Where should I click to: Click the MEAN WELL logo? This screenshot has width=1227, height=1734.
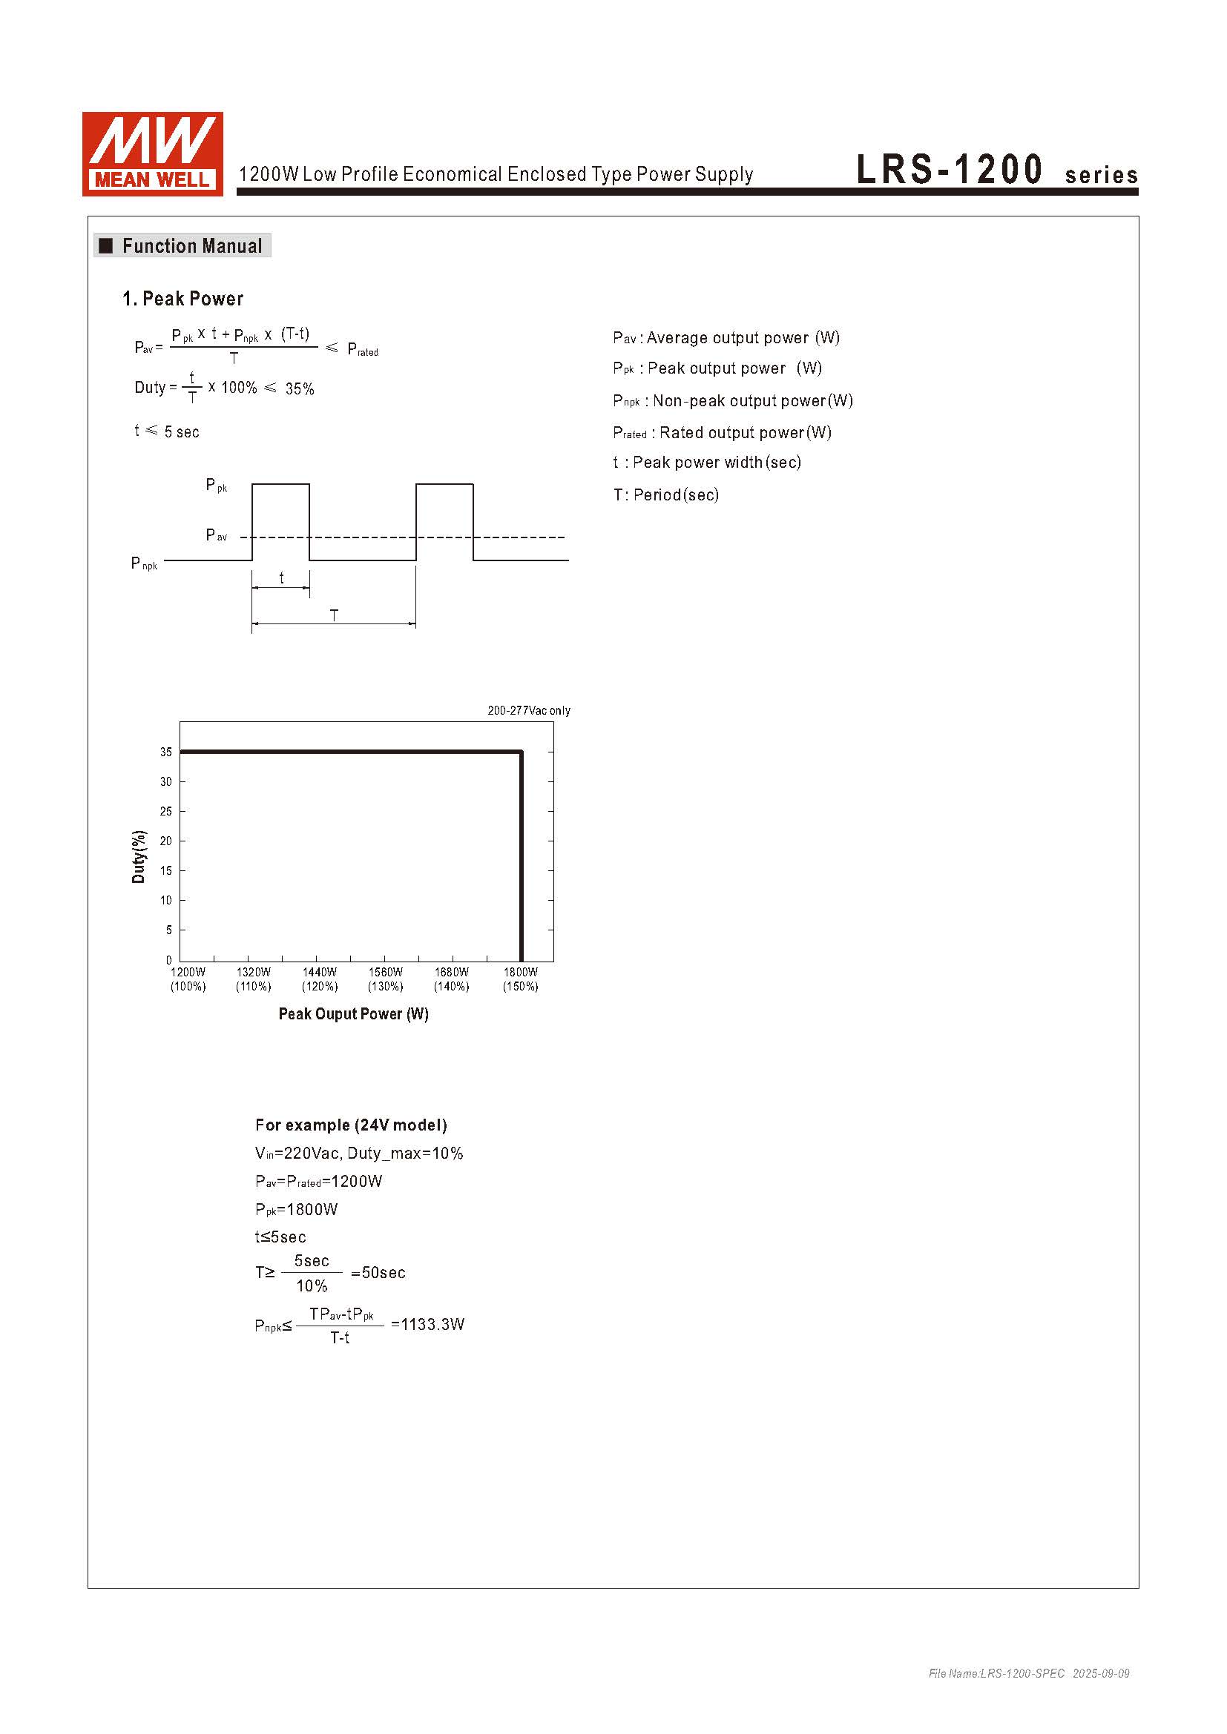(x=153, y=154)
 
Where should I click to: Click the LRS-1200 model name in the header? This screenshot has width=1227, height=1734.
(x=949, y=169)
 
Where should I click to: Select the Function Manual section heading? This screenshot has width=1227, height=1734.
(x=191, y=246)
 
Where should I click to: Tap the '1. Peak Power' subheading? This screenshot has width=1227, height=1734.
(x=182, y=299)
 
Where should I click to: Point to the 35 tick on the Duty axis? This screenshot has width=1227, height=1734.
(x=166, y=752)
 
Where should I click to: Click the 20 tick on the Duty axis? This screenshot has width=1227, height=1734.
(x=166, y=841)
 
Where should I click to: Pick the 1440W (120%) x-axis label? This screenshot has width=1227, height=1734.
(x=320, y=979)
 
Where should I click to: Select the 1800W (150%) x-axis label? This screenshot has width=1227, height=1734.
(x=521, y=979)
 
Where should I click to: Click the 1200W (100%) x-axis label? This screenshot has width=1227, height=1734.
(x=188, y=979)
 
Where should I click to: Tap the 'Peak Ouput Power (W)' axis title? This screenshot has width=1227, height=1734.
(x=354, y=1014)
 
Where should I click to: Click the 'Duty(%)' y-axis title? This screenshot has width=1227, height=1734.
(x=138, y=856)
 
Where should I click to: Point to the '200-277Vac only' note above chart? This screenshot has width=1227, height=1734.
(x=529, y=711)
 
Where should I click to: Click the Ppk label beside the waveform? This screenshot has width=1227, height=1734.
(x=216, y=486)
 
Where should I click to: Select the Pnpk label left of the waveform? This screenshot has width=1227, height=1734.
(x=145, y=563)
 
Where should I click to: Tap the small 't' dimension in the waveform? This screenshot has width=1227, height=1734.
(x=282, y=578)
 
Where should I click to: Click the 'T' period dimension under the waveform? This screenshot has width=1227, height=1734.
(x=334, y=615)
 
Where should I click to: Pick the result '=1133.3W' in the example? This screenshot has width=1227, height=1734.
(x=427, y=1325)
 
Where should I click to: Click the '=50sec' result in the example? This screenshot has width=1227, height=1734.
(x=378, y=1274)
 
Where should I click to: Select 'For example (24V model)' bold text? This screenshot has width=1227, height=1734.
(x=352, y=1125)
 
